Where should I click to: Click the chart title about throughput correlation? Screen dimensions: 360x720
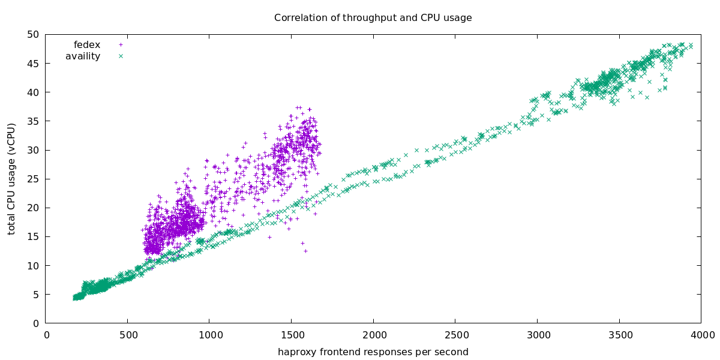(373, 17)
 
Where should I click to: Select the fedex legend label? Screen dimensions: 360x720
(87, 44)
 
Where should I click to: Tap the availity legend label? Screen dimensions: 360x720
(83, 56)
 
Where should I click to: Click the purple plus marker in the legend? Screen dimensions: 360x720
(121, 44)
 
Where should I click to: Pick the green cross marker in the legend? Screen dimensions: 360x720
(121, 56)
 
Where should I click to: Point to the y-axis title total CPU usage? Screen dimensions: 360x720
(11, 179)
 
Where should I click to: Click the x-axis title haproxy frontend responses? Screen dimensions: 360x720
(373, 352)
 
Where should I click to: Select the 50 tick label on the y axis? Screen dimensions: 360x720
(33, 35)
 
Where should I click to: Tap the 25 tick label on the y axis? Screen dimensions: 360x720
(33, 179)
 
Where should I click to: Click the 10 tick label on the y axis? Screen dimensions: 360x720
(33, 266)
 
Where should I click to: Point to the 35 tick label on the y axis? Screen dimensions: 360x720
(33, 121)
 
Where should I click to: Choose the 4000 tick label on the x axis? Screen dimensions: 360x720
(700, 335)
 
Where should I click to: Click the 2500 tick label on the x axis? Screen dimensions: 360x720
(455, 335)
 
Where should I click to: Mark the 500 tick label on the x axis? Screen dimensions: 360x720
(128, 335)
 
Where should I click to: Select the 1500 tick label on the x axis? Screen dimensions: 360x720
(291, 335)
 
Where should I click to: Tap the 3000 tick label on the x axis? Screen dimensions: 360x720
(536, 335)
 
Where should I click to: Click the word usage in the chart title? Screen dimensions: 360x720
(458, 17)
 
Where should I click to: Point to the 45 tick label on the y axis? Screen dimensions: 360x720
(33, 64)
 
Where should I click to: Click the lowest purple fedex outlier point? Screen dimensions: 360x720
(305, 251)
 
